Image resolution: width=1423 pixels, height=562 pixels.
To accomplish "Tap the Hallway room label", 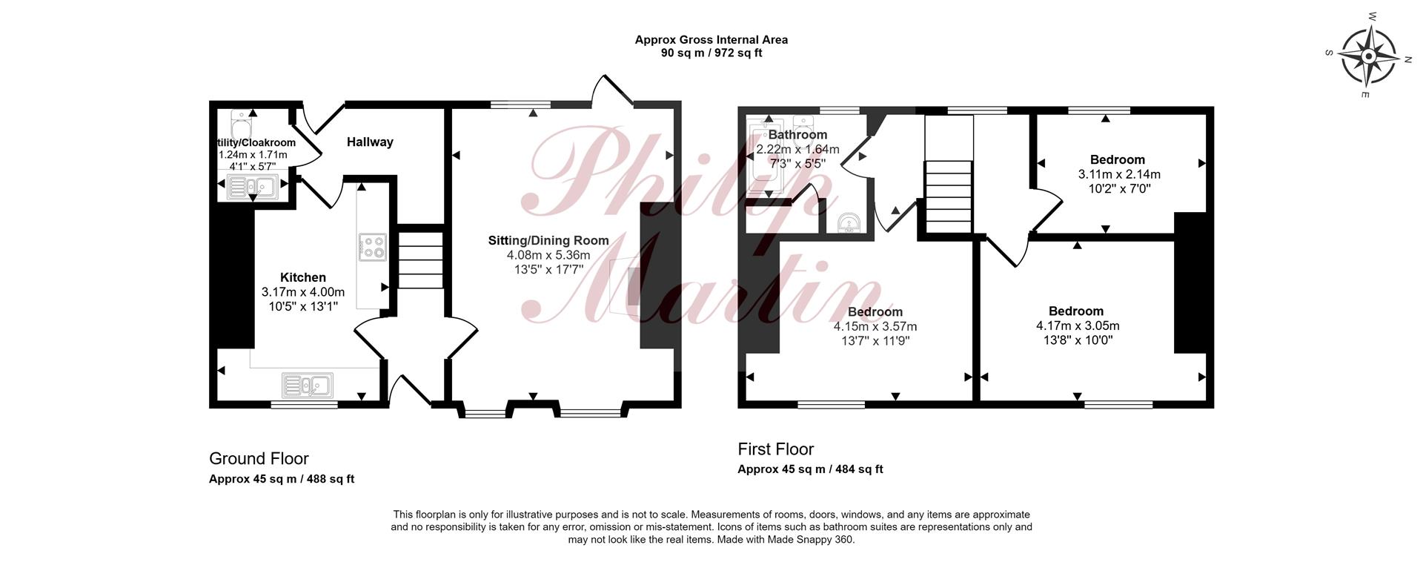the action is point(370,142).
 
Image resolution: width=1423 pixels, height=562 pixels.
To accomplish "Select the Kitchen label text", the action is point(302,277).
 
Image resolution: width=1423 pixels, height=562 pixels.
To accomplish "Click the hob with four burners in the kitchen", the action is point(372,247).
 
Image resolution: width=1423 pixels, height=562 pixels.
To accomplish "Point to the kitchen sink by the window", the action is point(308,386).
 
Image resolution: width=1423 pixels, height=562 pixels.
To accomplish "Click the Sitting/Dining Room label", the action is point(548,240).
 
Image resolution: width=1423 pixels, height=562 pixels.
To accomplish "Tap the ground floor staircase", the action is point(421,259).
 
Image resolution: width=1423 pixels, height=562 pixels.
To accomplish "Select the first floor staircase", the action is point(948,196).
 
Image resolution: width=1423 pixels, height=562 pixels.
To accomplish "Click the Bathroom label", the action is point(797,135).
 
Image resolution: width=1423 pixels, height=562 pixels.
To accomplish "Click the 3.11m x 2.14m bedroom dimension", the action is point(1119,175).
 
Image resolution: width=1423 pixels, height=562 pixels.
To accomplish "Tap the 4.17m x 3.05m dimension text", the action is point(1078,325).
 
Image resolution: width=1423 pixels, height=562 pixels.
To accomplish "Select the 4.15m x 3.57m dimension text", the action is point(875,326).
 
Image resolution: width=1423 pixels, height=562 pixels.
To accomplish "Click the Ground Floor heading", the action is point(259,458).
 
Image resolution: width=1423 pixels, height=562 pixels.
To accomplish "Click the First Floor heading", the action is point(775,449).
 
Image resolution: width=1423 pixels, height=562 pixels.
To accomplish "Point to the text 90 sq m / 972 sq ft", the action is point(711,53).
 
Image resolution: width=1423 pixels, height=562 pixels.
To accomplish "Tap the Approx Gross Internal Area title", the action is point(711,39).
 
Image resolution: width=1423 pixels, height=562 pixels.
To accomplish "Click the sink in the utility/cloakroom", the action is point(252,188).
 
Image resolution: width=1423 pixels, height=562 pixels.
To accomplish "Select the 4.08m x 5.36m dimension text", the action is point(548,255).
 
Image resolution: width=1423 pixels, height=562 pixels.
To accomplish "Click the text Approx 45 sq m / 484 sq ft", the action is point(810,469).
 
